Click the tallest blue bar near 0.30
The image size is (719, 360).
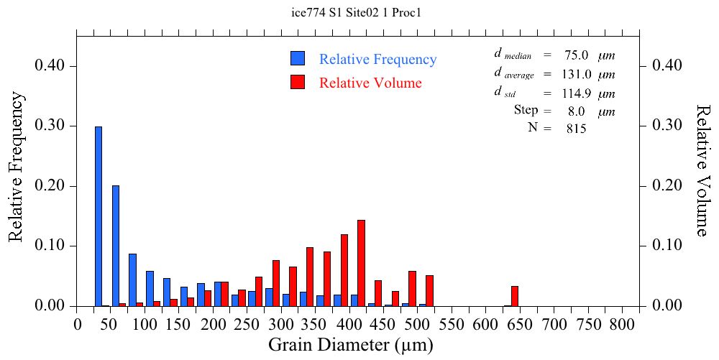point(99,216)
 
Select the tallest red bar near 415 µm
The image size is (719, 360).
point(362,263)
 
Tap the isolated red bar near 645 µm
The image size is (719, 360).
point(515,296)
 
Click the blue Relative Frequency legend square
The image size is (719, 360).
point(298,59)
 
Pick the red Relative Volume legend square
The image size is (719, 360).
point(298,82)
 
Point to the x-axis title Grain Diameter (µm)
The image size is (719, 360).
point(351,346)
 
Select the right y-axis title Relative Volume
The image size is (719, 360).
point(703,170)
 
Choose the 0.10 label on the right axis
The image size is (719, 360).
point(667,246)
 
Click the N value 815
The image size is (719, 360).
point(575,129)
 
